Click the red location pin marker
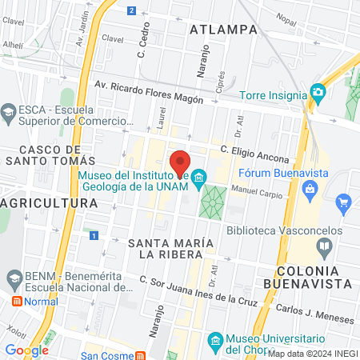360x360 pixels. [x=180, y=161]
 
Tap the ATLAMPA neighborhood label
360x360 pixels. [x=225, y=30]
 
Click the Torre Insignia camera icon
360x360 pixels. [x=318, y=91]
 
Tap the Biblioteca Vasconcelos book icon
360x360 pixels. [x=324, y=245]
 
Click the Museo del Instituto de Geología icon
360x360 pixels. [x=199, y=176]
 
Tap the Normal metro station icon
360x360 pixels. [x=15, y=302]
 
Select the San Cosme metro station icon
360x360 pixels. [x=140, y=355]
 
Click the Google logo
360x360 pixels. [x=26, y=350]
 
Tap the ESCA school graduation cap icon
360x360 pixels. [x=10, y=110]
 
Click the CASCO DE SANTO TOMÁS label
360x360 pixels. [x=50, y=155]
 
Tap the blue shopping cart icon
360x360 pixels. [x=344, y=201]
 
